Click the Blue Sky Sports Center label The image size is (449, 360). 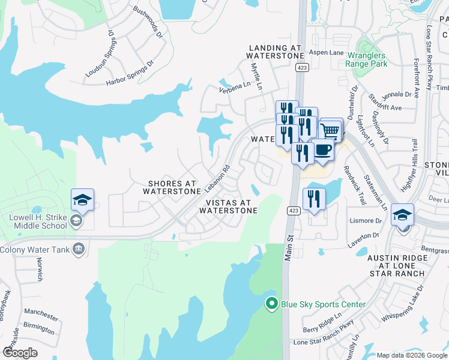[x=323, y=304]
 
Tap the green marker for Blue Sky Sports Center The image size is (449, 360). [x=272, y=304]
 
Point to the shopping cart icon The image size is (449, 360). [x=331, y=129]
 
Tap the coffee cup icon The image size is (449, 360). [x=323, y=151]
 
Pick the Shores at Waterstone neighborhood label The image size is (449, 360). [x=172, y=187]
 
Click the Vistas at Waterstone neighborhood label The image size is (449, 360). [x=228, y=206]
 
